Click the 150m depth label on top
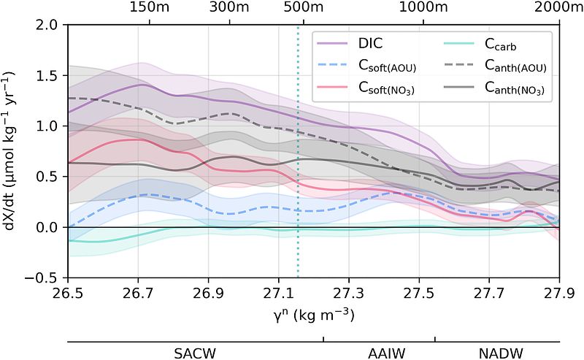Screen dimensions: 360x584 coord(149,7)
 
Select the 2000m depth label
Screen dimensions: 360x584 coord(556,7)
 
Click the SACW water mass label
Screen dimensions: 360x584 coord(195,353)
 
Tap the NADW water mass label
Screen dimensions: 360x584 coord(497,353)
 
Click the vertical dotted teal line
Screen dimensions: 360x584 coord(298,183)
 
